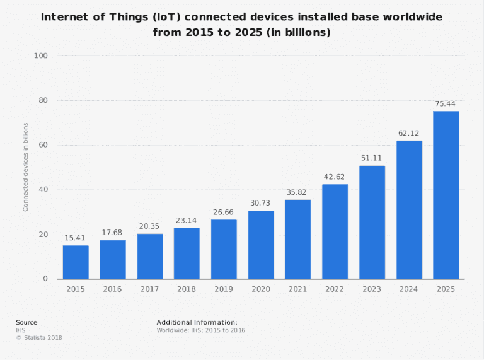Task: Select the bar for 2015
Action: pos(76,262)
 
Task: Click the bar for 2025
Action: pos(446,195)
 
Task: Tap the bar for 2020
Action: pos(261,245)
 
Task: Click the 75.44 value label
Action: pos(446,103)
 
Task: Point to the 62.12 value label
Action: pos(409,133)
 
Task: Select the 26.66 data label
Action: pos(224,212)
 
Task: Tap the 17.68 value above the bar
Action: pos(113,232)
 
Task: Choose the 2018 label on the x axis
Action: pos(187,289)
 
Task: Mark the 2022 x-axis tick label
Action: pos(335,289)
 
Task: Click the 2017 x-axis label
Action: pos(150,289)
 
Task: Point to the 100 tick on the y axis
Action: pos(42,56)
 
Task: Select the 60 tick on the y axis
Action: pos(43,145)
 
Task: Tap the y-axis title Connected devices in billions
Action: pos(26,167)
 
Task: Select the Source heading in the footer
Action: pos(26,322)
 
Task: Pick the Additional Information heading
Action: pos(197,322)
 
